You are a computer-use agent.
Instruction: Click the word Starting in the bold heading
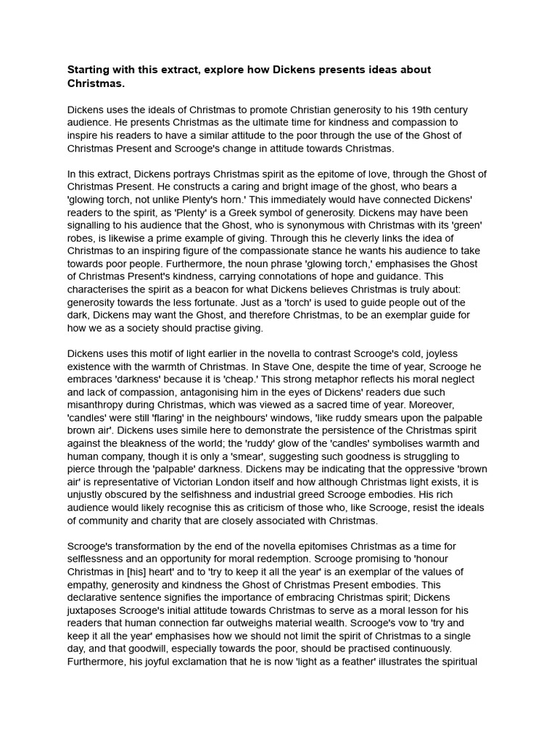click(91, 70)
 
